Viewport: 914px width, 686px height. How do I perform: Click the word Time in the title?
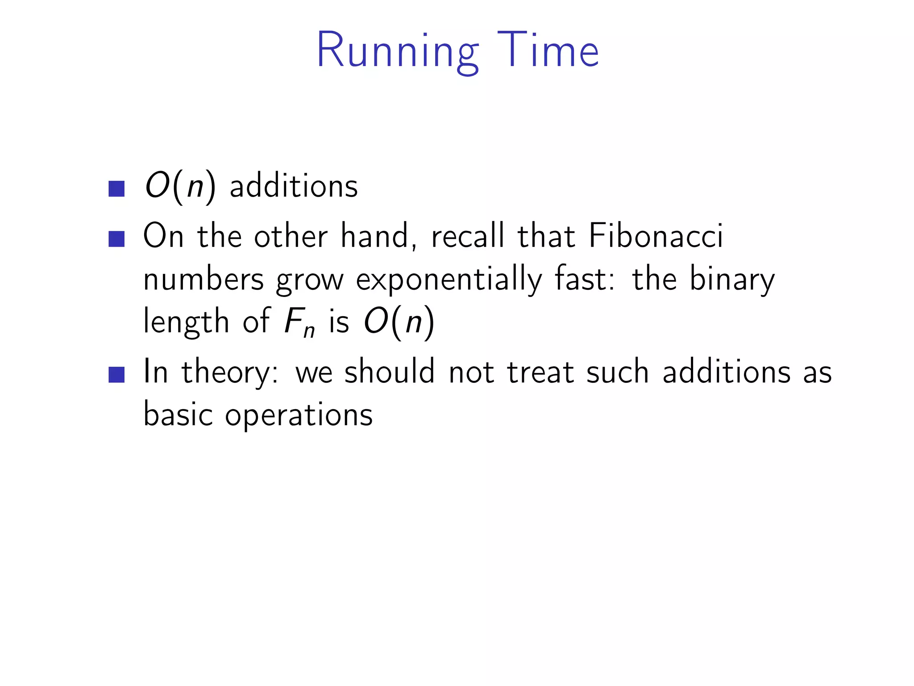548,50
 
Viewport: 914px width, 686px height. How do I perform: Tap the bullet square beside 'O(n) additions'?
116,188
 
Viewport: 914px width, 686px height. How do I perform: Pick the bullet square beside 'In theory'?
116,374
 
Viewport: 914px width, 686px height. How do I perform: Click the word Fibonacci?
656,236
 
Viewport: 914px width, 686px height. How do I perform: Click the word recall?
468,236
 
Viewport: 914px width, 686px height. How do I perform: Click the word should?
389,372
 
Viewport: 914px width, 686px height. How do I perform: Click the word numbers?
204,280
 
